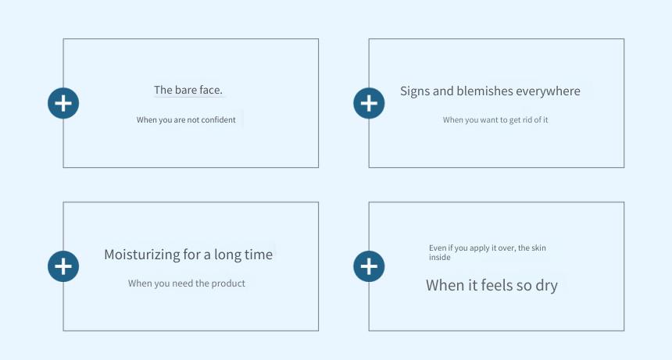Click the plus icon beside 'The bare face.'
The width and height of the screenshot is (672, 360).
click(x=63, y=103)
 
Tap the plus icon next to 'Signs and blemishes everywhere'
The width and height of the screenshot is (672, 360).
click(x=369, y=103)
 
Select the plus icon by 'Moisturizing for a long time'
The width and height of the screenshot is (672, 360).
click(x=63, y=266)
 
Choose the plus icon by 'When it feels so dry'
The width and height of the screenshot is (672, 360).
click(x=369, y=266)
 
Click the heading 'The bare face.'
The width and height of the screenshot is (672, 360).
click(x=188, y=90)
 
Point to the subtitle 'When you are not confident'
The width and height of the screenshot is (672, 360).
click(x=186, y=119)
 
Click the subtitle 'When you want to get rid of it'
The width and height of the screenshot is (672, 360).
click(x=495, y=119)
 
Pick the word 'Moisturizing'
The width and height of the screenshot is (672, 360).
click(x=142, y=255)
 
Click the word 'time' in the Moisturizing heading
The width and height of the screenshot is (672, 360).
click(x=259, y=255)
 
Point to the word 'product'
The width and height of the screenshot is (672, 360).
click(x=229, y=283)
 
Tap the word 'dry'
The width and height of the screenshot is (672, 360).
click(x=546, y=286)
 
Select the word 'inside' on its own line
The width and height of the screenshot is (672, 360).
click(x=440, y=257)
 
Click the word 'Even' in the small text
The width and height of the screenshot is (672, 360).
click(x=438, y=248)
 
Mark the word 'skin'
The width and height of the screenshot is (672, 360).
click(x=538, y=248)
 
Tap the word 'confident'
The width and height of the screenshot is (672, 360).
click(x=218, y=119)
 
